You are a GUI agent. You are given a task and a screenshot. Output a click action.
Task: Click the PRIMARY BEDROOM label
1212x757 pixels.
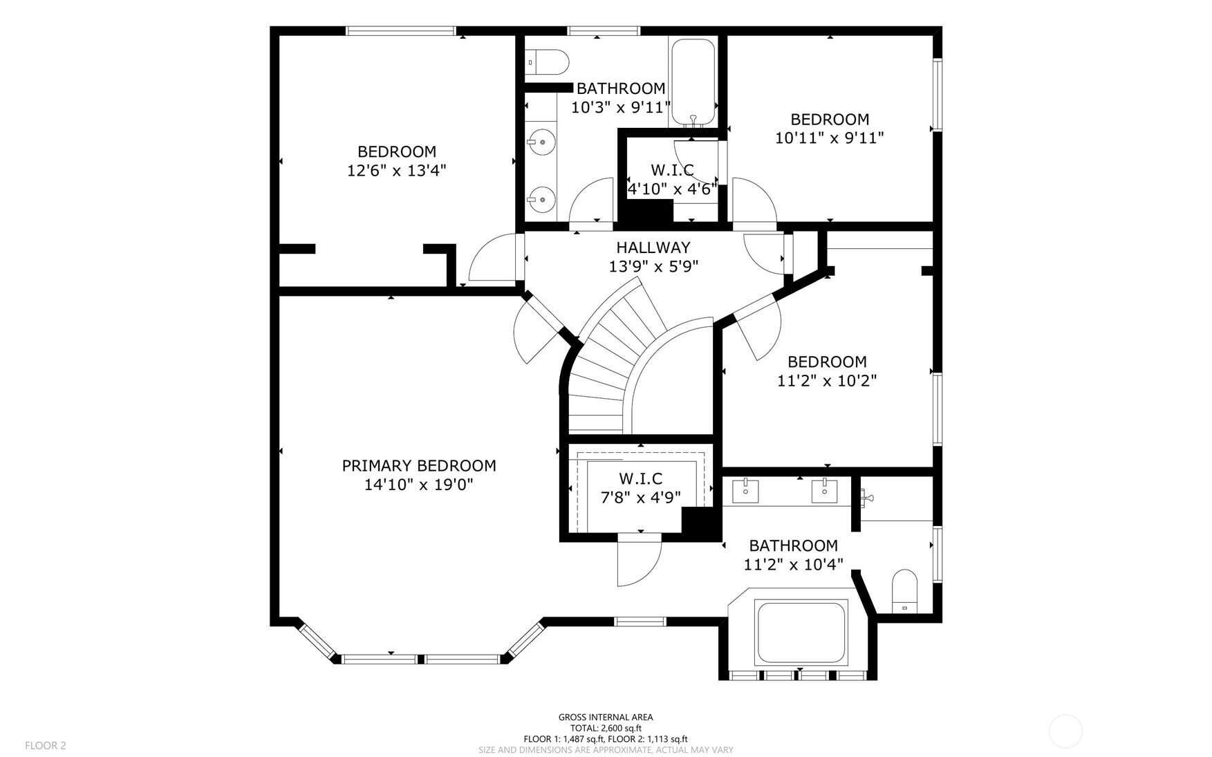[x=418, y=466]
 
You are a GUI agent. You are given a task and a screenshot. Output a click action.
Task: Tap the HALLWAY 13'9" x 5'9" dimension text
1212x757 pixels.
[x=653, y=267]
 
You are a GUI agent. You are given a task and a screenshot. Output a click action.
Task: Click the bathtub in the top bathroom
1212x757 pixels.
[x=693, y=82]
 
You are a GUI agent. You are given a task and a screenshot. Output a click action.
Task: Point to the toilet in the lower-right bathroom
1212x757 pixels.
[x=904, y=592]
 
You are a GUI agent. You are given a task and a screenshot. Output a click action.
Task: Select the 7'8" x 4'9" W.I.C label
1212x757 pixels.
[x=640, y=497]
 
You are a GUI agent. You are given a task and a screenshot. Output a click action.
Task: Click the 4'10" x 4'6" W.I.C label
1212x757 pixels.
[x=671, y=189]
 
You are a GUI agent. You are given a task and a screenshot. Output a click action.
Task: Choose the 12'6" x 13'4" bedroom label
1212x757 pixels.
[x=396, y=170]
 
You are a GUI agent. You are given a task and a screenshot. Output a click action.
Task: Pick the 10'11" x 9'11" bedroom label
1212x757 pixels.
[x=829, y=138]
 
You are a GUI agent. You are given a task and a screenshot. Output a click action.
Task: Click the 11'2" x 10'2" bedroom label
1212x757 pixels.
[x=827, y=380]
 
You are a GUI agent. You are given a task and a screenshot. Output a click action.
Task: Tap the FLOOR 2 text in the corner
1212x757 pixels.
[x=46, y=745]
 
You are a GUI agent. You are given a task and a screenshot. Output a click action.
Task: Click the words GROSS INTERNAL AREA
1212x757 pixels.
[x=606, y=717]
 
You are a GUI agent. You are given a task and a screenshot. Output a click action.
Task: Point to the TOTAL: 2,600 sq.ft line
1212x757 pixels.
[x=606, y=728]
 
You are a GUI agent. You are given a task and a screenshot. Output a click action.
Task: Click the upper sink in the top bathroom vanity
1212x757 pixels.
[x=541, y=142]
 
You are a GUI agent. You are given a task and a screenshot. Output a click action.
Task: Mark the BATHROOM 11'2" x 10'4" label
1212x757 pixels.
[x=793, y=555]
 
